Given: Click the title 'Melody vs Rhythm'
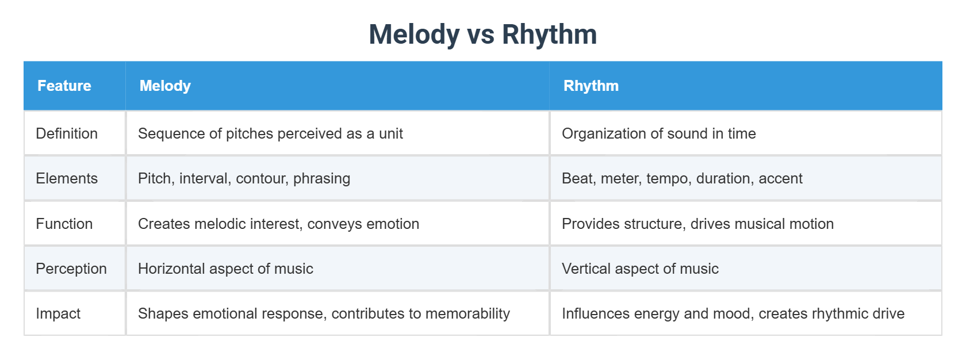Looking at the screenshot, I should coord(482,35).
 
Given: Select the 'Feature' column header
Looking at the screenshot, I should coord(64,86).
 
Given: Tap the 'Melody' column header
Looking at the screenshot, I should coord(165,86).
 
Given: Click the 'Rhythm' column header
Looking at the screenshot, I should coord(591,86).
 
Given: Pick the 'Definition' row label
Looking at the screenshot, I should coord(67,133).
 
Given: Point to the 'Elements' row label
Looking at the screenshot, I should coord(67,178).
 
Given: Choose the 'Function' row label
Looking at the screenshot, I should coord(64,224).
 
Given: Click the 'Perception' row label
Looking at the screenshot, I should coord(71,269).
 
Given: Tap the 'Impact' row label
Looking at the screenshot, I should coord(58,313).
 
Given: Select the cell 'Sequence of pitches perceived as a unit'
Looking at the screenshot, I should coord(270,133).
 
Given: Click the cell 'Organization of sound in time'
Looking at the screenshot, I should coord(658,133).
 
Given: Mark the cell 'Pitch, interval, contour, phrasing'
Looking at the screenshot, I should coord(244,178).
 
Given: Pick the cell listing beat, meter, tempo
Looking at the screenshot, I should coord(682,178).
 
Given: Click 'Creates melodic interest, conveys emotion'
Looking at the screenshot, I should coord(278,224).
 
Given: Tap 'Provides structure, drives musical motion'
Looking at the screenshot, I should coord(697,224).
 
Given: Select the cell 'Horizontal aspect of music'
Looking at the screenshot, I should coord(225,269).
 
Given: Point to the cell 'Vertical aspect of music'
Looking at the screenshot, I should coord(640,269).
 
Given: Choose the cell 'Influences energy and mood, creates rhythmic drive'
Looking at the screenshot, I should coord(733,313).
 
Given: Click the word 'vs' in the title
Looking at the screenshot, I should coord(481,35).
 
